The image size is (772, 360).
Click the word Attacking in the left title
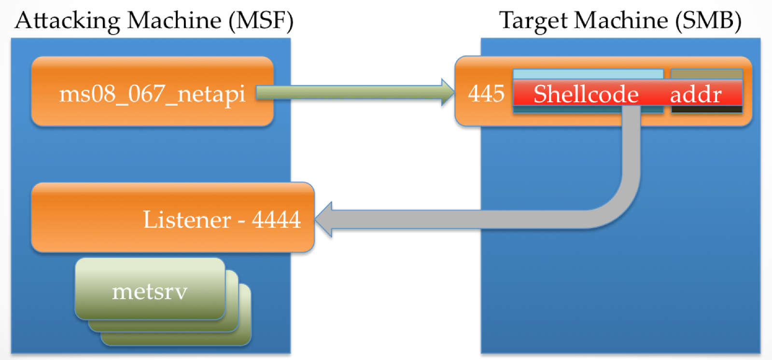click(x=67, y=21)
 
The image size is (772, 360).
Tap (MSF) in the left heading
click(x=261, y=21)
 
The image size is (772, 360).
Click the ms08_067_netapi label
click(x=152, y=93)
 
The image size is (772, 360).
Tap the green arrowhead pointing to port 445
click(x=447, y=92)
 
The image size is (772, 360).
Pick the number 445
click(x=486, y=93)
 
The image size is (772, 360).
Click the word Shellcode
click(x=586, y=94)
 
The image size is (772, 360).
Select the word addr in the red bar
click(x=696, y=94)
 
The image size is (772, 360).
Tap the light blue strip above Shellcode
click(x=588, y=74)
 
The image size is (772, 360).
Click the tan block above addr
click(x=706, y=74)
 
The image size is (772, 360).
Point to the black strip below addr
click(x=706, y=110)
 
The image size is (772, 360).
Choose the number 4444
click(x=276, y=220)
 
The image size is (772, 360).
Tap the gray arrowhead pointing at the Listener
click(x=324, y=219)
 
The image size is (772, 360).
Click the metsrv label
click(x=150, y=291)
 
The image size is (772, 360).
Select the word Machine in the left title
click(x=174, y=21)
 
